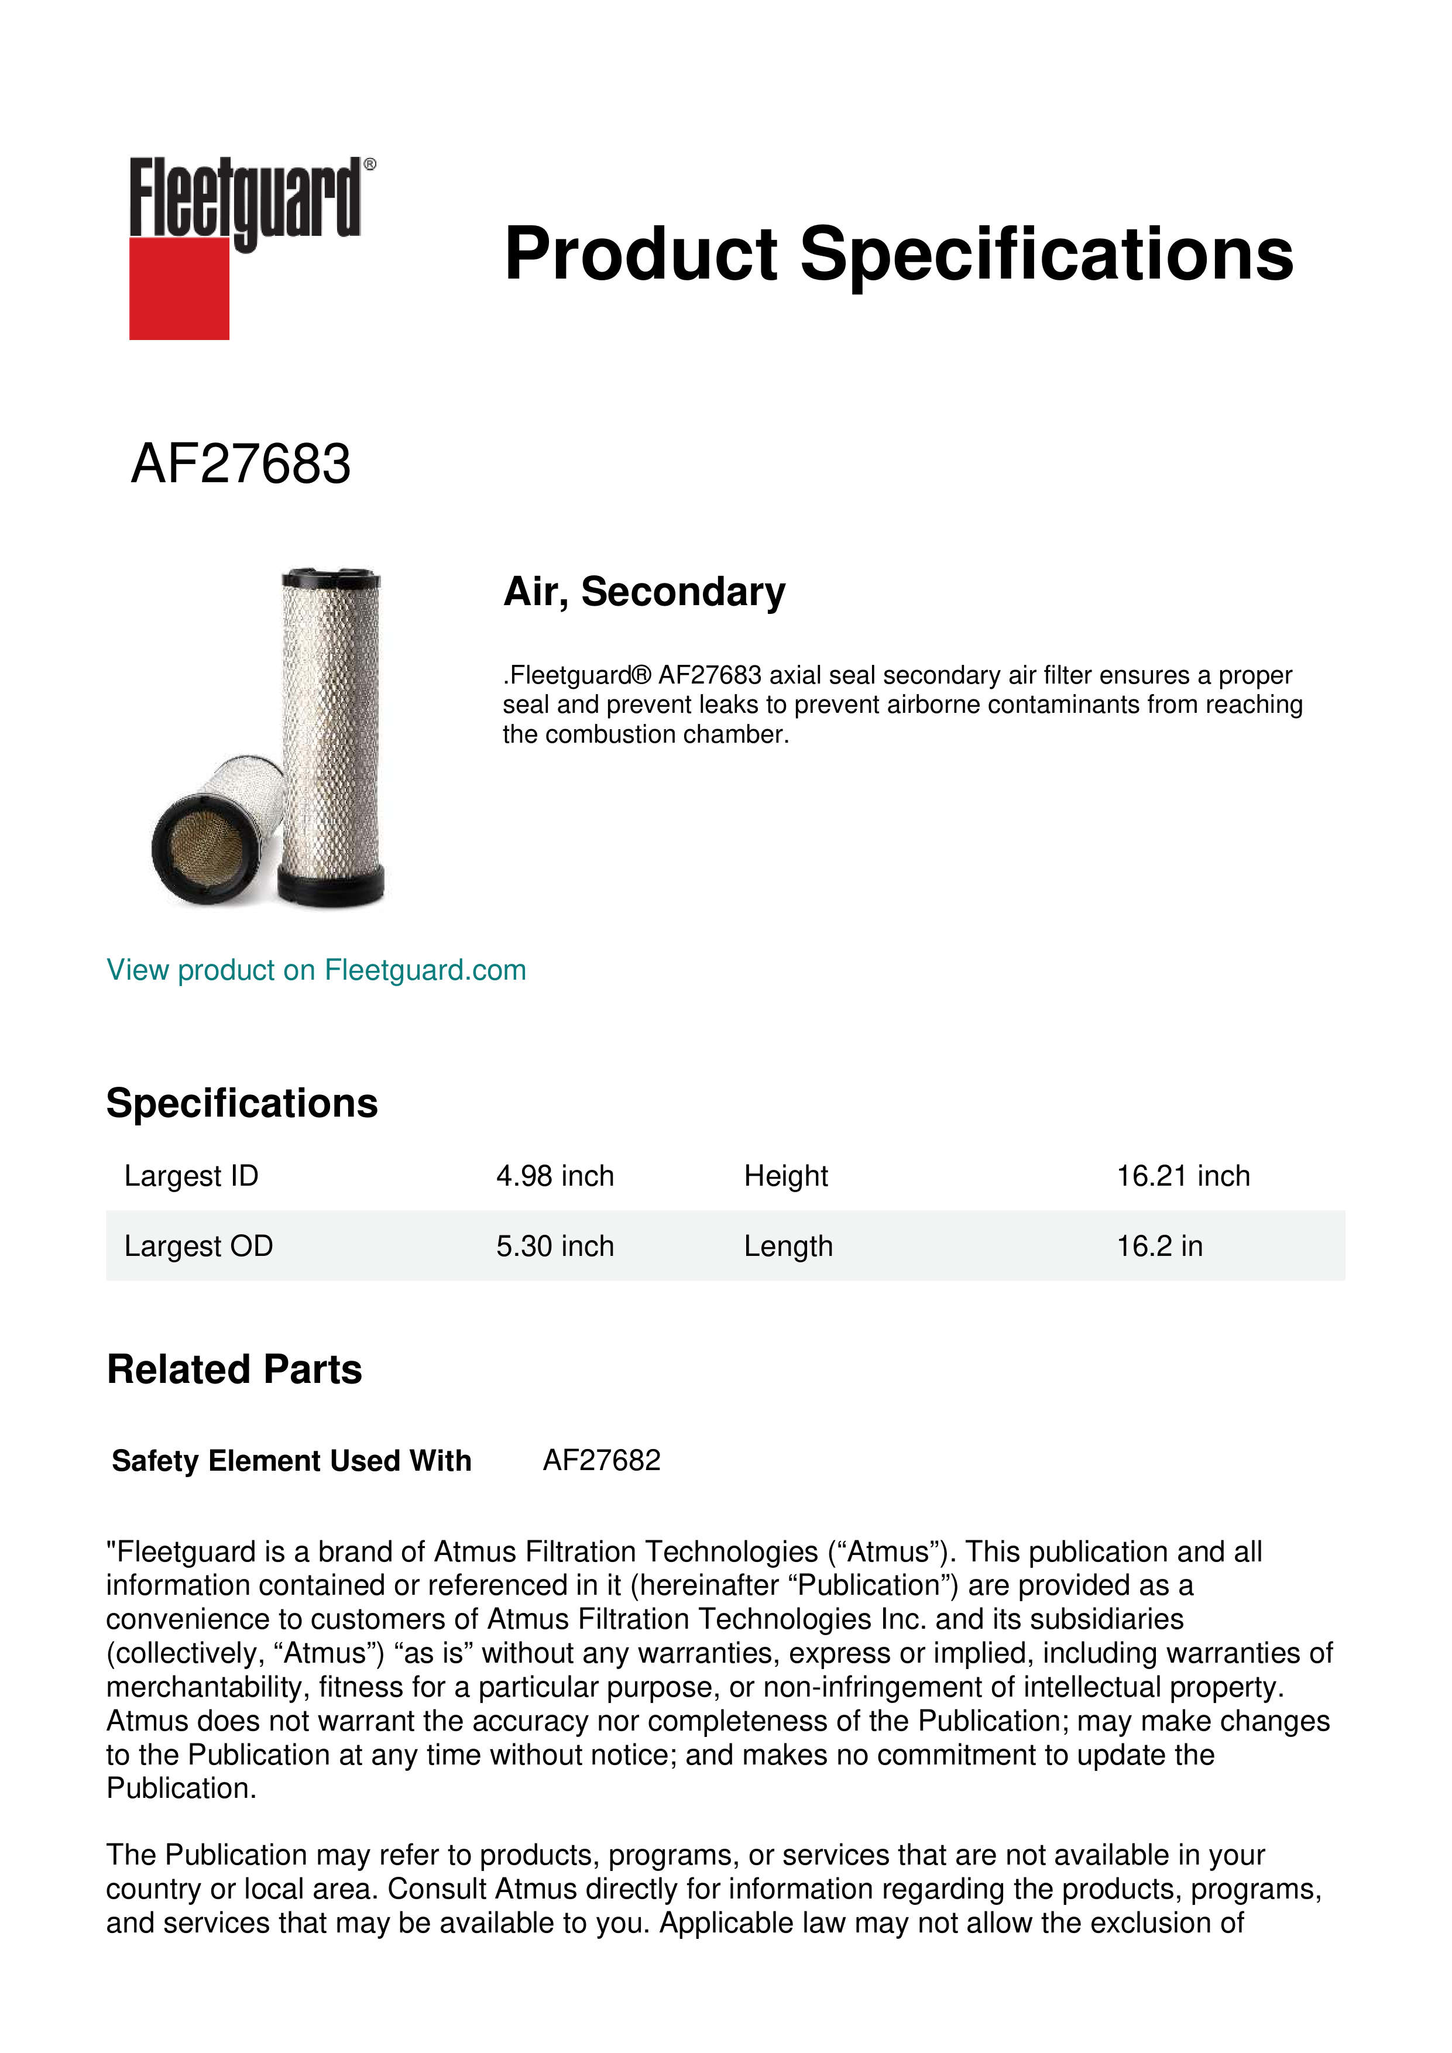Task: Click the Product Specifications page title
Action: [898, 254]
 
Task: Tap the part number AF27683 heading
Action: [241, 464]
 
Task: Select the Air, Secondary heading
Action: [644, 592]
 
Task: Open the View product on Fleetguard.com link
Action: [315, 970]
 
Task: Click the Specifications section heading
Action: [241, 1103]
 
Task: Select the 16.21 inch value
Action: [1182, 1176]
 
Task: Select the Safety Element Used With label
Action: [291, 1461]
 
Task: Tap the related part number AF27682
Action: [601, 1460]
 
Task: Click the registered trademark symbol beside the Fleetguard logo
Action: [370, 164]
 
